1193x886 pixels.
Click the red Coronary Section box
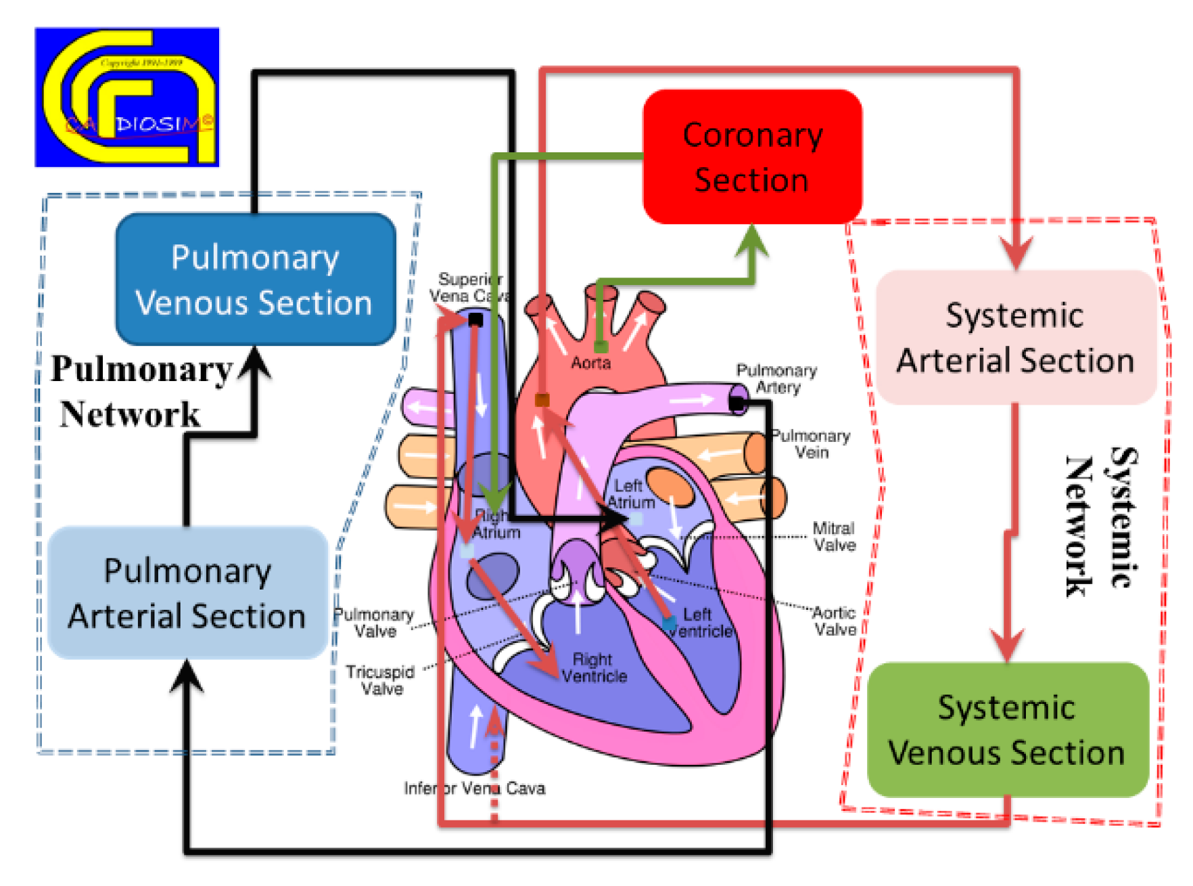click(x=751, y=157)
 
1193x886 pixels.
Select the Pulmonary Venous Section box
click(x=255, y=280)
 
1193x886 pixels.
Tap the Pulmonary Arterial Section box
click(x=187, y=593)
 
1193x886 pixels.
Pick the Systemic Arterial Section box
click(x=1015, y=338)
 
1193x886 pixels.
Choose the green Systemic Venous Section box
click(x=1007, y=730)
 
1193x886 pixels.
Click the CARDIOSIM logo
click(x=127, y=97)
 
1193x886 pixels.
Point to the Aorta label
click(x=590, y=363)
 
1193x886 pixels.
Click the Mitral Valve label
click(x=834, y=537)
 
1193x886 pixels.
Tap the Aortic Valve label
click(x=835, y=621)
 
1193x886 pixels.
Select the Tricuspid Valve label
click(x=381, y=680)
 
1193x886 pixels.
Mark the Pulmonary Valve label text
click(x=374, y=623)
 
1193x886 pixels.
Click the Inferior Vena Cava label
click(x=474, y=789)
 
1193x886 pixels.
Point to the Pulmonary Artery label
click(x=777, y=379)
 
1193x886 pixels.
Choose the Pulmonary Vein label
click(x=811, y=444)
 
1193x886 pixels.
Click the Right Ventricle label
click(x=593, y=668)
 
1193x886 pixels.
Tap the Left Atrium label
click(x=630, y=494)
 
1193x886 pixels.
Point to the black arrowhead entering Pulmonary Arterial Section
click(x=187, y=676)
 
